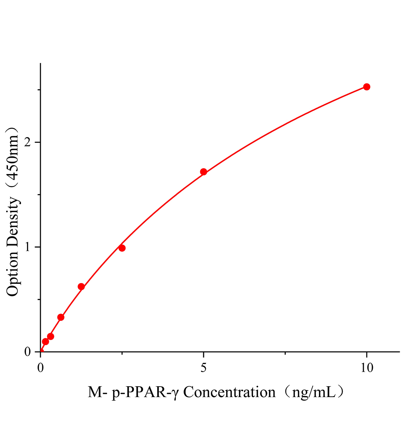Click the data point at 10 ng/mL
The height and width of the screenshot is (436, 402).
coord(367,87)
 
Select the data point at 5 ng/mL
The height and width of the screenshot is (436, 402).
coord(204,172)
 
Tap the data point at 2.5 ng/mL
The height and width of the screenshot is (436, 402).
coord(122,248)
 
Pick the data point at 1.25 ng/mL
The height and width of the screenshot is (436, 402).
coord(81,287)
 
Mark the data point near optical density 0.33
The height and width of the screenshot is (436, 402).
coord(61,317)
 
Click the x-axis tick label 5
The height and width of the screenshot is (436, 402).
coord(204,368)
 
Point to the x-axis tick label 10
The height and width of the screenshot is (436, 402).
coord(367,368)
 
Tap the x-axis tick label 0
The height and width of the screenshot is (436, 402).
coord(40,368)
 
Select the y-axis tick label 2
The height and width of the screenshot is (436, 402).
coord(27,142)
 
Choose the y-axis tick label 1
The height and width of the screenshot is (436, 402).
coord(27,247)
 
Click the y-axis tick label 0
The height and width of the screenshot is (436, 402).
coord(27,352)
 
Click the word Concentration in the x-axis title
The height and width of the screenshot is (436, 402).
coord(229,393)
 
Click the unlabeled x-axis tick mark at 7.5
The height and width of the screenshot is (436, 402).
coord(285,353)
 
